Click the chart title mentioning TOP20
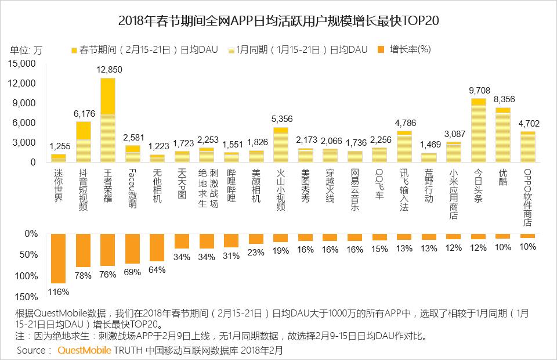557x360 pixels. (278, 21)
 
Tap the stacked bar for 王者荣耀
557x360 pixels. (108, 120)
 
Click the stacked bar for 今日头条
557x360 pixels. (479, 131)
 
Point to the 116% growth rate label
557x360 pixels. (59, 291)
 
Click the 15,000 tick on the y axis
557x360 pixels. (23, 64)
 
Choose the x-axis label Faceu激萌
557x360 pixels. (132, 188)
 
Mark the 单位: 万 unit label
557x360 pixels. (26, 49)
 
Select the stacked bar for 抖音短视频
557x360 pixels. (84, 142)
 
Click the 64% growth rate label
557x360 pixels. (157, 269)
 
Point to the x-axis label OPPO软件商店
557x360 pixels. (528, 197)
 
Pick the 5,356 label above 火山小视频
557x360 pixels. (281, 119)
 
